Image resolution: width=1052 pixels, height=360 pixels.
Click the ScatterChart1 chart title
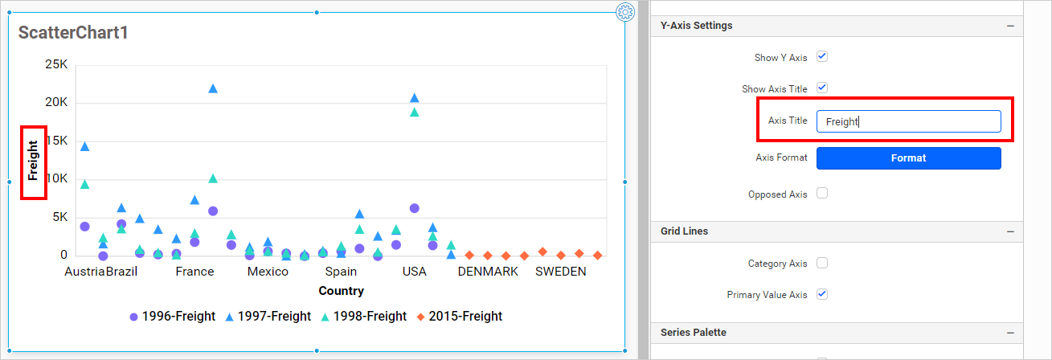point(73,33)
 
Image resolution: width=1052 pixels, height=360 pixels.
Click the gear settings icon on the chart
point(625,12)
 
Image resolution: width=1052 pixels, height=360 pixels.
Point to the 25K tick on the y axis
point(55,64)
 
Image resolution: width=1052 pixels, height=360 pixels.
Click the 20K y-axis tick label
point(55,103)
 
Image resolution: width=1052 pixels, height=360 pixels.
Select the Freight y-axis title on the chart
point(33,160)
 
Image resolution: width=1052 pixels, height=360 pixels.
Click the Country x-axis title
point(341,291)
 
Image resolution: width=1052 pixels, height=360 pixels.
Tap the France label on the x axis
point(194,272)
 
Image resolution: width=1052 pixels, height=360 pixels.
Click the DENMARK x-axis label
point(488,272)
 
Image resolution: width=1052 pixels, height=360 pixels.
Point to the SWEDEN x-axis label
point(561,272)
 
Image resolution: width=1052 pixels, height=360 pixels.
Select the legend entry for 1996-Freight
point(172,317)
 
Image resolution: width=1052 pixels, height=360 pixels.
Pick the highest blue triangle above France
point(213,88)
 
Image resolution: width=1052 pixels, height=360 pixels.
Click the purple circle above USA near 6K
point(415,208)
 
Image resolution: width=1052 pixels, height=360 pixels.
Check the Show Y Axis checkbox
point(822,57)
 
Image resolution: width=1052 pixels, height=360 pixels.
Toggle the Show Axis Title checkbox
point(822,88)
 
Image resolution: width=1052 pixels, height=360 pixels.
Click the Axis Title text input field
point(908,121)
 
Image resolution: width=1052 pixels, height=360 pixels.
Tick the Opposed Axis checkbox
point(822,194)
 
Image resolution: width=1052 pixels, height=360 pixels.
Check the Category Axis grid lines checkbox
point(822,263)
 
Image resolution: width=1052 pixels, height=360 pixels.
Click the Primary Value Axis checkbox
point(822,295)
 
